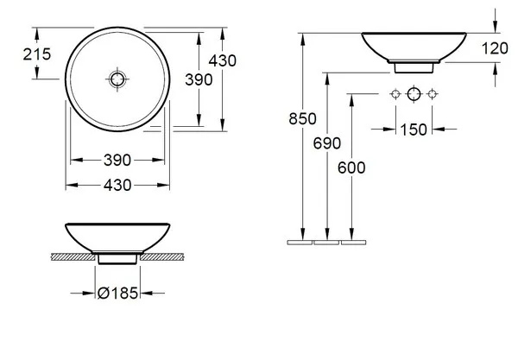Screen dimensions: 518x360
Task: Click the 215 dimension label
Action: click(x=37, y=54)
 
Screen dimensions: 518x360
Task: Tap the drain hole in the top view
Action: click(x=117, y=79)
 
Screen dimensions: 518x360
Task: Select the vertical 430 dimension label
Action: click(x=223, y=60)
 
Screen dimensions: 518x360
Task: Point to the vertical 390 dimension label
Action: click(x=199, y=79)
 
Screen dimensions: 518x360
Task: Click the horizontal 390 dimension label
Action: click(x=117, y=160)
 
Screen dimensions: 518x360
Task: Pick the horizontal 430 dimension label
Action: click(x=117, y=185)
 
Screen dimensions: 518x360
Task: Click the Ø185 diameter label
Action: click(x=117, y=293)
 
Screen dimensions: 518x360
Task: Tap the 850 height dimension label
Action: click(x=303, y=118)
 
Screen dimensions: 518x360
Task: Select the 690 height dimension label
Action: click(x=327, y=143)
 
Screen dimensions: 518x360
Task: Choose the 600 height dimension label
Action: click(x=351, y=167)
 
